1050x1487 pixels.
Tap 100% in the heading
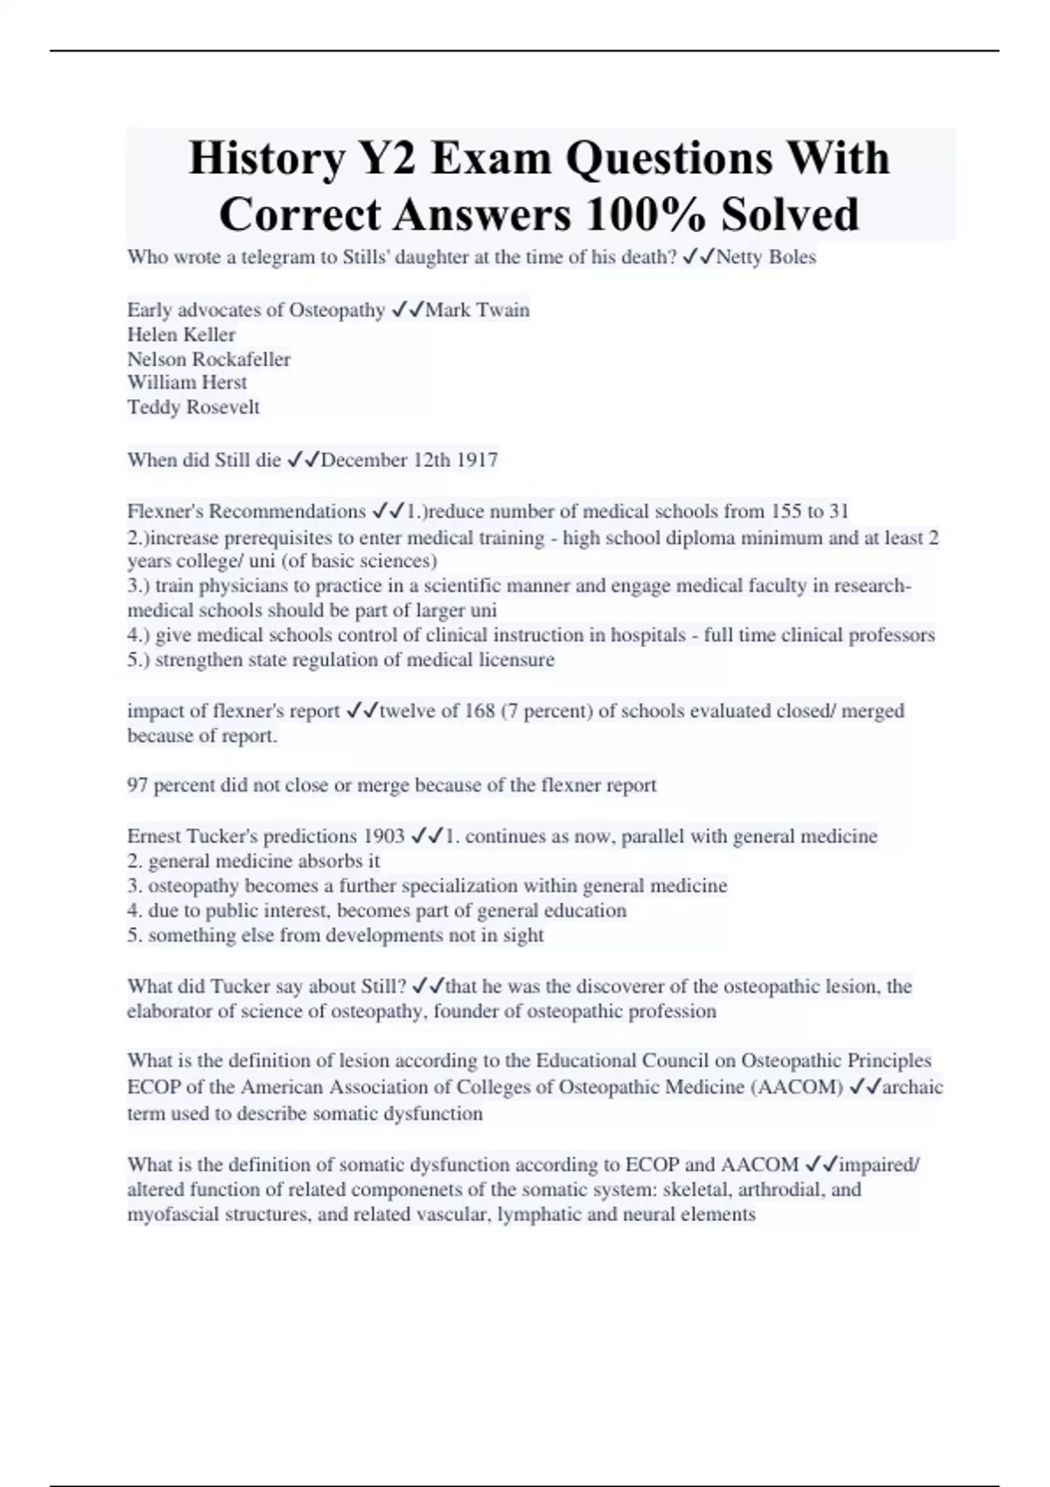coord(637,215)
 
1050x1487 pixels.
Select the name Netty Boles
coord(766,257)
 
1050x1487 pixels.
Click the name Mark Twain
coord(478,311)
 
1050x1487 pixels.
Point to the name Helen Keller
coord(181,335)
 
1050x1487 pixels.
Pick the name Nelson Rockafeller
coord(208,360)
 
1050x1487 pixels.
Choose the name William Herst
coord(187,383)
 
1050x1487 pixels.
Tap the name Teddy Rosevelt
coord(193,408)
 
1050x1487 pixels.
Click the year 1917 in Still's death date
coord(477,460)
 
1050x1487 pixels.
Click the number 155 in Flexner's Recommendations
coord(786,512)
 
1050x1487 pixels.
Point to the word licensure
coord(516,660)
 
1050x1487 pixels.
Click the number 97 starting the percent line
coord(137,785)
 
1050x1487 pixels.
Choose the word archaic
coord(913,1087)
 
